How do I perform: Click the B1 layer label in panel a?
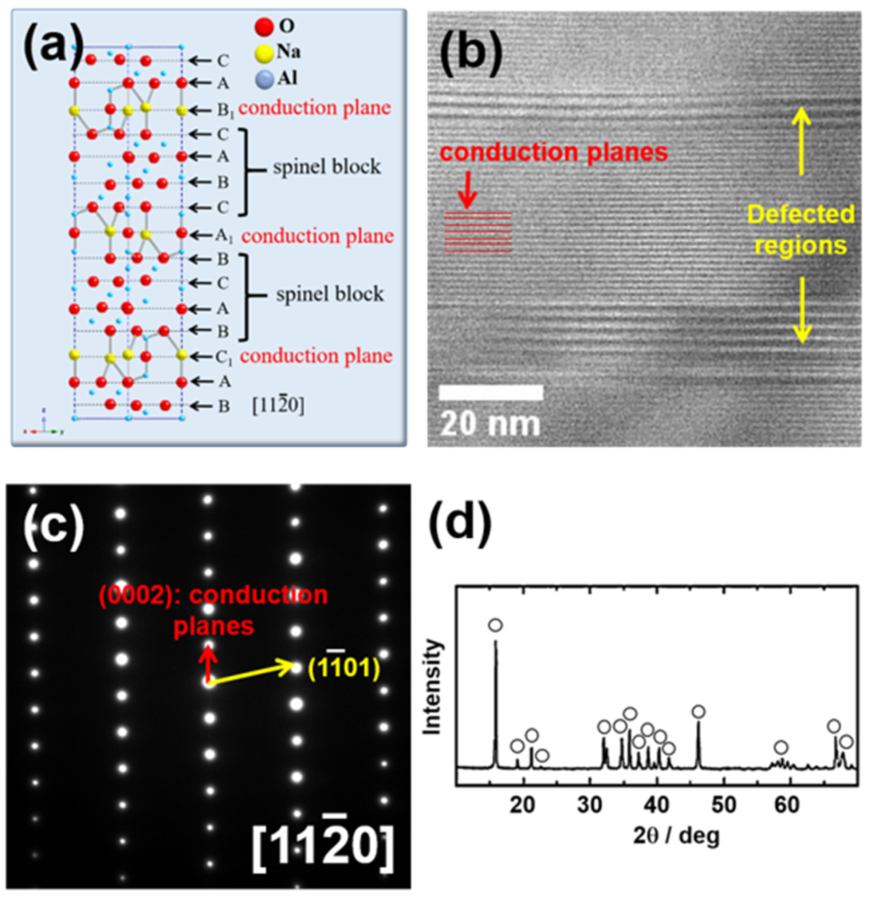click(224, 110)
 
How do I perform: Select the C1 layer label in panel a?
click(224, 356)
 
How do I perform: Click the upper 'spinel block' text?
click(326, 167)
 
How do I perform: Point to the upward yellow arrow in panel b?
click(802, 140)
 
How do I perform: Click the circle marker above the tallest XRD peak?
click(495, 625)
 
